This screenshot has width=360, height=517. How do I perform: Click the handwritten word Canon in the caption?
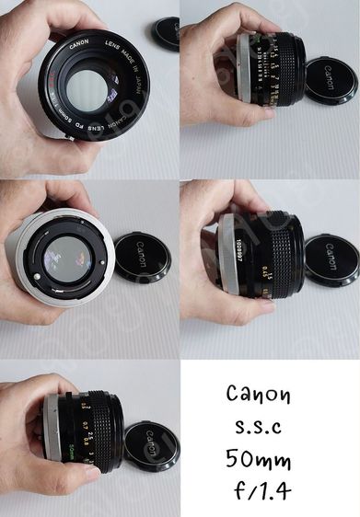click(x=258, y=396)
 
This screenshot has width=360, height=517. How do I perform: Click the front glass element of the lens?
click(x=88, y=87)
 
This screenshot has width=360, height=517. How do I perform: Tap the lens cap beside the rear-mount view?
click(x=142, y=256)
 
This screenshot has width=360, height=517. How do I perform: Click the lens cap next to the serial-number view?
click(x=331, y=260)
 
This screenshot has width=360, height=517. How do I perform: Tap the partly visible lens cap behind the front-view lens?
click(x=166, y=34)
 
